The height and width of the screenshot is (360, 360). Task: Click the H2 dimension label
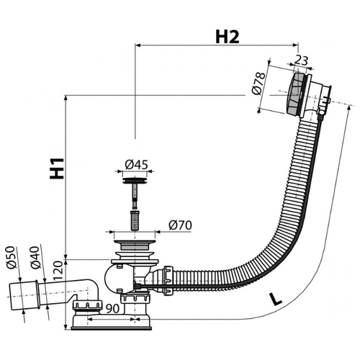228,37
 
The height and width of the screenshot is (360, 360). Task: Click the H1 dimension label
57,168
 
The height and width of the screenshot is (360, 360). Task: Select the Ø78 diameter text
258,84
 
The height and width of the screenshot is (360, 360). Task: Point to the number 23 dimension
301,60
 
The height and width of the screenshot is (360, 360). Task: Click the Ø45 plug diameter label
136,165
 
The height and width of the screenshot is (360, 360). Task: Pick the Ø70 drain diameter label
180,225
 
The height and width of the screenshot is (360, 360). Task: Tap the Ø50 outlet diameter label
12,258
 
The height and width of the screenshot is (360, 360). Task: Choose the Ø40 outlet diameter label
35,258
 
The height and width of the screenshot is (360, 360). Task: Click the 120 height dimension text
58,271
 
